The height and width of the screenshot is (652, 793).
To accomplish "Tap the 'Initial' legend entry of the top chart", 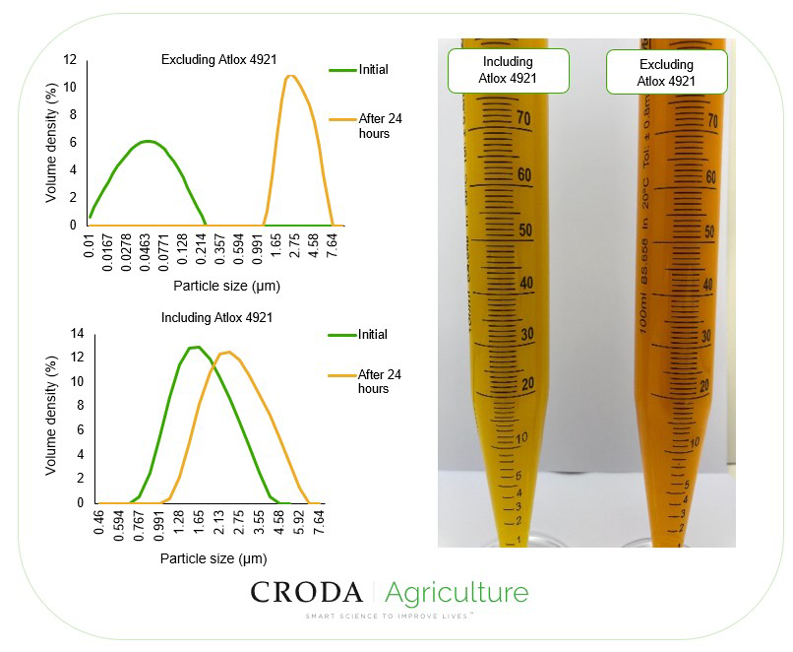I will coord(373,70).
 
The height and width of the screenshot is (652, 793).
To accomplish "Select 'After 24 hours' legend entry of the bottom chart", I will coord(379,381).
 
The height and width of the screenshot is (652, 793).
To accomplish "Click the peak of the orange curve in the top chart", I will coord(290,76).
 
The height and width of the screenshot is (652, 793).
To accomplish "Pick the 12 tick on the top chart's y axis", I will coord(69,60).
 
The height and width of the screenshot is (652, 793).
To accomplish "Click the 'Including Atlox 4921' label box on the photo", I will coord(508,70).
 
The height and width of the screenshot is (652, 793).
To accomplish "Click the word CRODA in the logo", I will coord(306,592).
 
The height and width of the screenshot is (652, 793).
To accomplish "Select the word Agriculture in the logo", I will coord(456,592).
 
